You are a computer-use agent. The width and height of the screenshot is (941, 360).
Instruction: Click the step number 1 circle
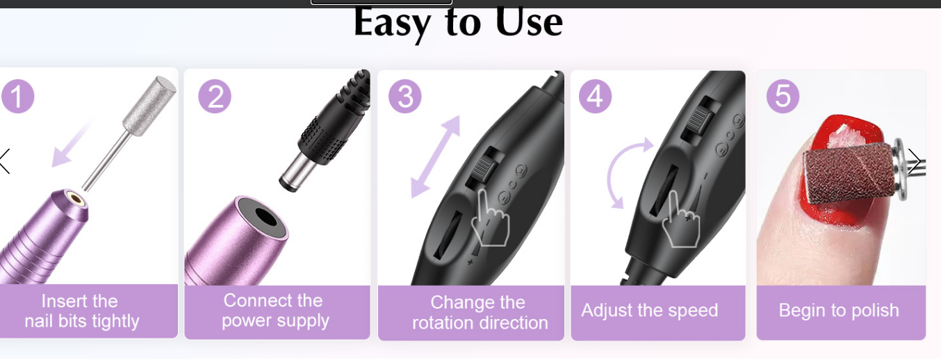coord(17,96)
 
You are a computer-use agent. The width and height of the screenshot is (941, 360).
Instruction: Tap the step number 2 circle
coord(215,96)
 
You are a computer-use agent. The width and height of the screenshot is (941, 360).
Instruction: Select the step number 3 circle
coord(405,96)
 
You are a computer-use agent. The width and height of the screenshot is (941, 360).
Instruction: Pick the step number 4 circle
coord(596,96)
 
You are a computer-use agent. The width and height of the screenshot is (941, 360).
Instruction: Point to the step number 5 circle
coord(783,96)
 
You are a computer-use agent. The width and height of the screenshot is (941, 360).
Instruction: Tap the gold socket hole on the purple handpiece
coord(75,198)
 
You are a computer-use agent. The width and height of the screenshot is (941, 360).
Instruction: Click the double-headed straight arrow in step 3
coord(435,156)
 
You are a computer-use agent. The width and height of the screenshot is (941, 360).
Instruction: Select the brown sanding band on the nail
coord(848,173)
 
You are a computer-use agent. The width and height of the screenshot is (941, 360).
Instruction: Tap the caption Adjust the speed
coord(650,311)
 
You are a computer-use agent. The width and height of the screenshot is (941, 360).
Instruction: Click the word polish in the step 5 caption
coord(875,311)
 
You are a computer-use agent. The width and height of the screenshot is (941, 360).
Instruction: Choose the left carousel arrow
coord(5,161)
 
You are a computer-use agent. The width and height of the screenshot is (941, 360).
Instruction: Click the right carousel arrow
coord(915,161)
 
